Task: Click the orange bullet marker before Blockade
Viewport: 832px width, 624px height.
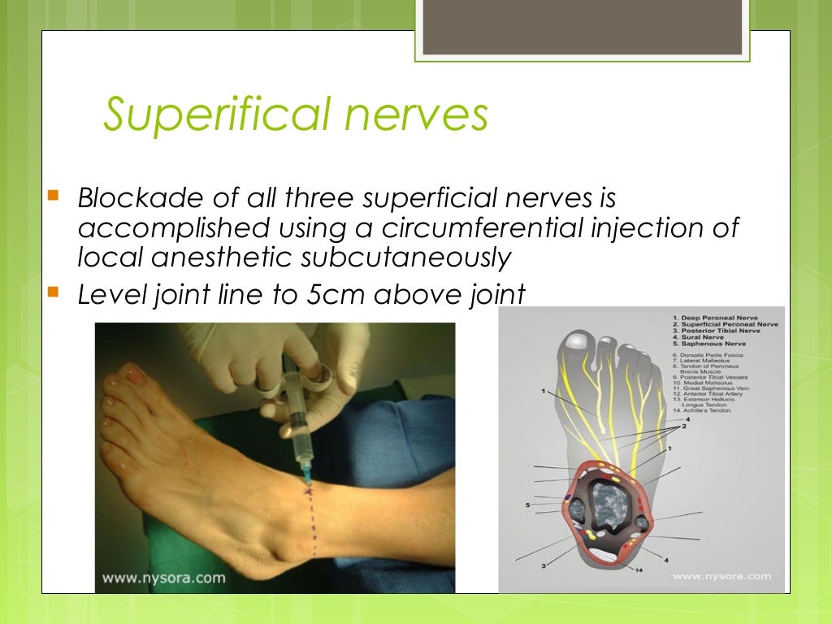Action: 54,196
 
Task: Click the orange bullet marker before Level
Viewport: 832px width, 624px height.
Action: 54,292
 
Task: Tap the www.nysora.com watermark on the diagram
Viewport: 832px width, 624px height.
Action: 721,576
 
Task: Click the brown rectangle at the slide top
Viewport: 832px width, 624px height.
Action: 583,27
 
